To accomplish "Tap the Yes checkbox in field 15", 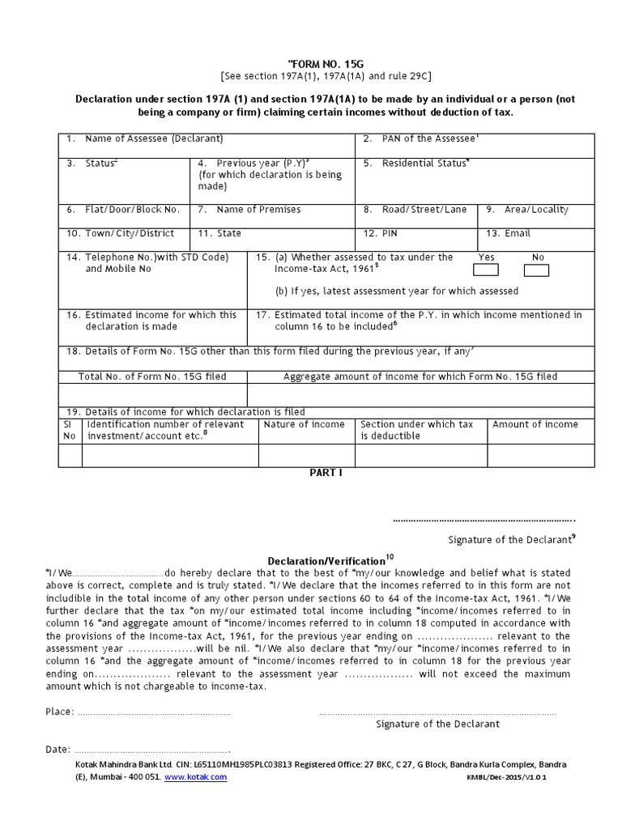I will [x=486, y=270].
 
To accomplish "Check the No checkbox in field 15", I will [x=536, y=270].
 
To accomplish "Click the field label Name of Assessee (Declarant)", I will [x=154, y=139].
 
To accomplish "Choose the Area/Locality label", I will [x=535, y=210].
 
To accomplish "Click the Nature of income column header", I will [x=304, y=425].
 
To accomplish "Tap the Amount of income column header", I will [x=535, y=425].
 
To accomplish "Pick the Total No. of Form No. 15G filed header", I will [x=152, y=377].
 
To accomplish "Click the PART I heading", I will [x=326, y=474].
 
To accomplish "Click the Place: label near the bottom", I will [x=59, y=712].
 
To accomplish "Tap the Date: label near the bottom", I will [x=58, y=750].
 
